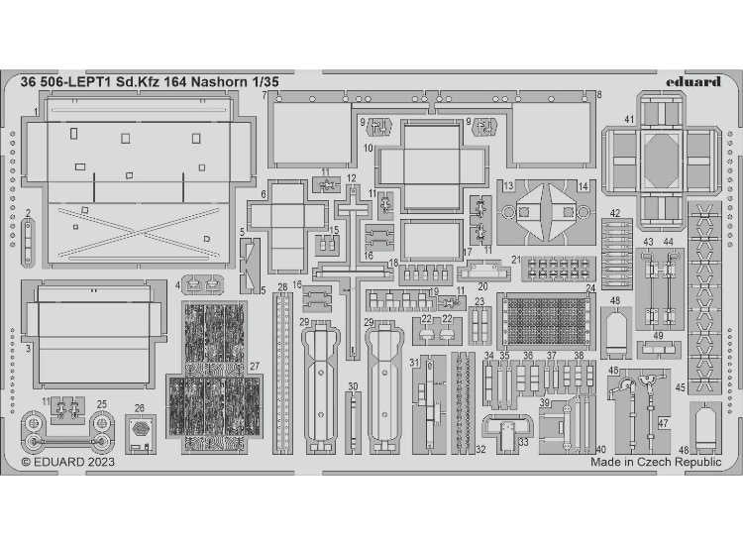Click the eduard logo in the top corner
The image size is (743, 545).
tap(692, 81)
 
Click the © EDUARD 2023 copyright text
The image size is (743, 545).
tap(67, 461)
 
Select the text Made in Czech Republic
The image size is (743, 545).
tap(656, 462)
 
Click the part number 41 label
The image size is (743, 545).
tap(629, 120)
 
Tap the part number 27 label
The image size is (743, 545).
tap(255, 367)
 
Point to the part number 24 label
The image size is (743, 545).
tap(590, 288)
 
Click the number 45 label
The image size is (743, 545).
tap(680, 389)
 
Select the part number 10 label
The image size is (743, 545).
tap(367, 149)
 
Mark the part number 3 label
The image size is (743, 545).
tap(29, 349)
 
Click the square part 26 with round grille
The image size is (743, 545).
tap(141, 430)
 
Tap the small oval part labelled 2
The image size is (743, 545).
tap(29, 236)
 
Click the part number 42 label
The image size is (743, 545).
tap(614, 213)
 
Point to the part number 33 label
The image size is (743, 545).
tap(522, 442)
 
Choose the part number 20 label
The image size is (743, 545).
tap(482, 286)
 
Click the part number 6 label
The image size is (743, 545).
tap(265, 194)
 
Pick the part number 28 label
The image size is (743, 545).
tap(282, 287)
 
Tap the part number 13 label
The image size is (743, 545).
tap(507, 186)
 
